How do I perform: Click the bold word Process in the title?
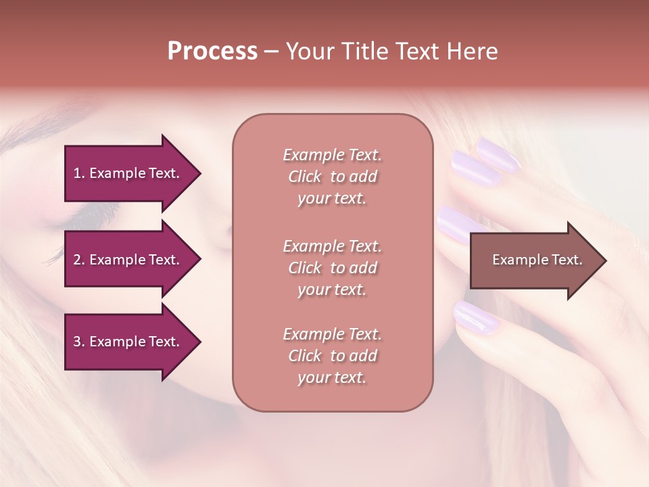click(x=212, y=51)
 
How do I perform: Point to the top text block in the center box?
click(x=332, y=177)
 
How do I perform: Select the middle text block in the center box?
click(x=332, y=268)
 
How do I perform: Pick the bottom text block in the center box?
click(x=332, y=356)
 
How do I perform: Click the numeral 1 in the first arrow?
click(x=76, y=173)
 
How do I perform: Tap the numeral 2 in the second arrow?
click(x=76, y=260)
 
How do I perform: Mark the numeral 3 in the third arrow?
click(x=76, y=342)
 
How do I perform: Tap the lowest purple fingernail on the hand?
click(x=475, y=316)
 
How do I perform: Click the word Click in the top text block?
click(x=305, y=177)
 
